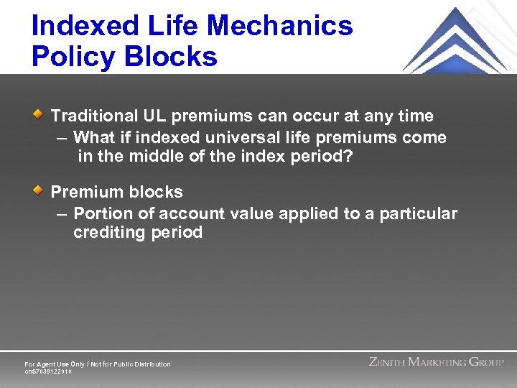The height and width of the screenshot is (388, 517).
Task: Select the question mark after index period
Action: click(349, 157)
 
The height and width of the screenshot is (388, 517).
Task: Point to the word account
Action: click(189, 213)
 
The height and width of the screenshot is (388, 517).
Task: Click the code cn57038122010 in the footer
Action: click(48, 371)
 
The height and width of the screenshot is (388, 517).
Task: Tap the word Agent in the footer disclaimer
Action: click(47, 364)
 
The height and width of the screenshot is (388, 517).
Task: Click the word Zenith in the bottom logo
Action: click(387, 362)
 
